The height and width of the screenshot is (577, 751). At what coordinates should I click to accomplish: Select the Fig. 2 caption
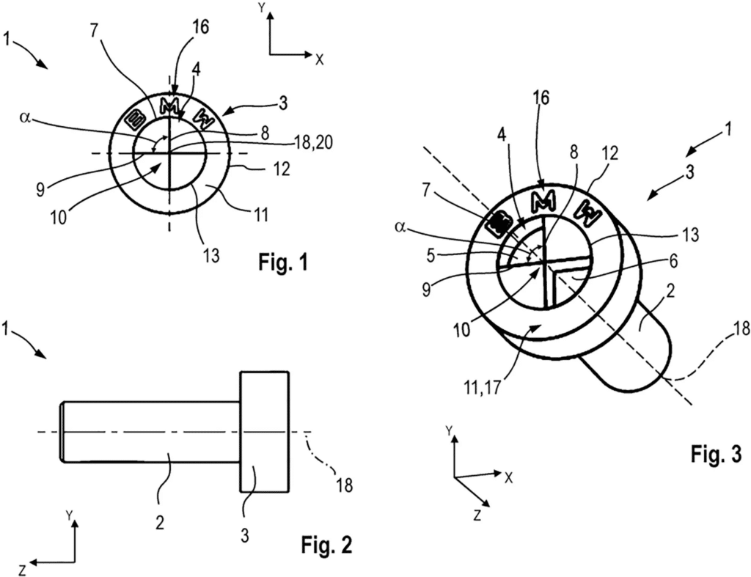[328, 545]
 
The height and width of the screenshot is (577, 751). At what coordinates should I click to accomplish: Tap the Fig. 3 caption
[716, 455]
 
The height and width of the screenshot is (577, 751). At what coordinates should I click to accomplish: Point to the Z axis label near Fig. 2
[24, 568]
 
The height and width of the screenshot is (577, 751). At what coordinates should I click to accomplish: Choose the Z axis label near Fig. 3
[477, 515]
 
